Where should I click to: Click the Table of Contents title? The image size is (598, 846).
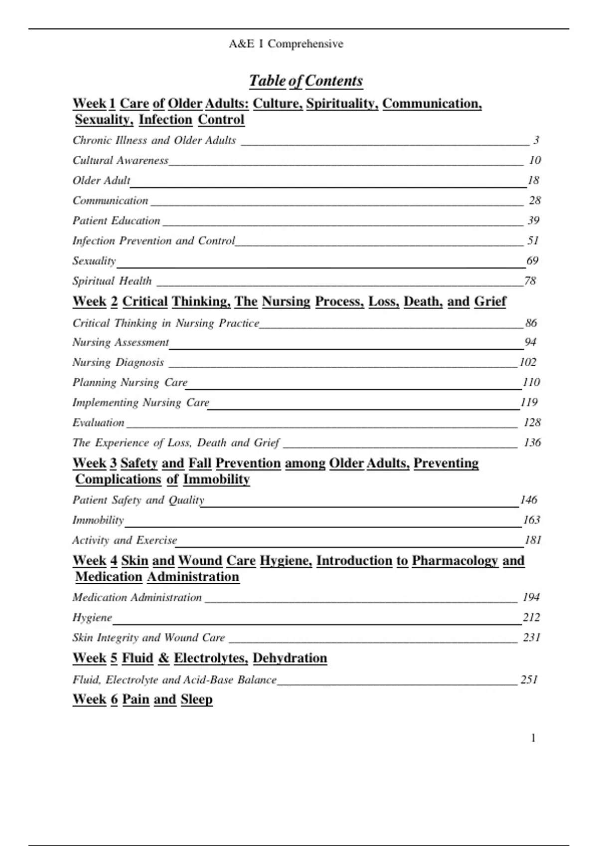coord(305,81)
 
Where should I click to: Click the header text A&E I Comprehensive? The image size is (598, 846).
coord(286,44)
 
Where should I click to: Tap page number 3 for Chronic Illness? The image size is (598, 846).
coord(536,140)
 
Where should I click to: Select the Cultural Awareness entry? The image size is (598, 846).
coord(121,160)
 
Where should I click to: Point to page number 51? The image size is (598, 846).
coord(533,241)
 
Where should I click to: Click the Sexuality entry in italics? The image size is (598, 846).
coord(94,261)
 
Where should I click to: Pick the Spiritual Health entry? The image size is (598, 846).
coord(112,281)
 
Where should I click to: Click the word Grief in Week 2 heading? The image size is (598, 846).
coord(490,302)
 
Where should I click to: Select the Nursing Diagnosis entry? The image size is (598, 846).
coord(118,362)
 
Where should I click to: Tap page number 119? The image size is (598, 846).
coord(529,403)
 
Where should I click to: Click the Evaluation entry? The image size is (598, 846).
coord(98,423)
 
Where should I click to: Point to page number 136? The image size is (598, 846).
coord(532,443)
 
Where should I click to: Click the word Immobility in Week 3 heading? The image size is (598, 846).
coord(216,479)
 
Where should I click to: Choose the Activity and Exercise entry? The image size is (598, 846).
coord(125,540)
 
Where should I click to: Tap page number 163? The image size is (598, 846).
coord(531,520)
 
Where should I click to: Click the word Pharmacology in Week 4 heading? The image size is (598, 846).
coord(454,561)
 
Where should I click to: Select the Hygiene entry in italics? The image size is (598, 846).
coord(92,618)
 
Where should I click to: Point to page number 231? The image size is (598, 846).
coord(531,637)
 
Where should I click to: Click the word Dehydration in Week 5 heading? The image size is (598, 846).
coord(290,658)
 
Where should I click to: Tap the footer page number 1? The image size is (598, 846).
coord(533,738)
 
